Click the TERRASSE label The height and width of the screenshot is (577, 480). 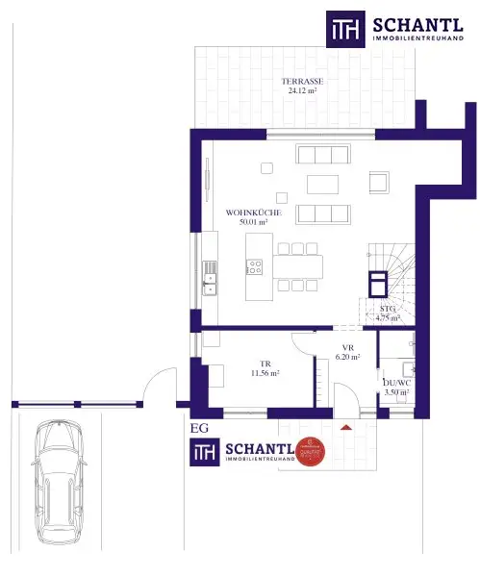click(302, 82)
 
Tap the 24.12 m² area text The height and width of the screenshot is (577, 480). click(302, 92)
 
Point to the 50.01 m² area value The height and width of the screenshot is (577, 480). click(253, 222)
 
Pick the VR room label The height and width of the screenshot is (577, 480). click(348, 347)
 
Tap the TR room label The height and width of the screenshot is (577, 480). click(265, 363)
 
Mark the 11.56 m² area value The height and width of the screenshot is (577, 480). click(265, 373)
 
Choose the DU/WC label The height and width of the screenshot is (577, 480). click(395, 382)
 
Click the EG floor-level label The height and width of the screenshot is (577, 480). click(199, 428)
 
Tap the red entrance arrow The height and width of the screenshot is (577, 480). click(345, 424)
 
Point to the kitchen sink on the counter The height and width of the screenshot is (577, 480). click(210, 281)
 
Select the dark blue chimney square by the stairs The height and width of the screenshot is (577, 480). click(378, 281)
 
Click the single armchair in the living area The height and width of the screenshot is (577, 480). click(379, 182)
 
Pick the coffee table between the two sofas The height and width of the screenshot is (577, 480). click(322, 183)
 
